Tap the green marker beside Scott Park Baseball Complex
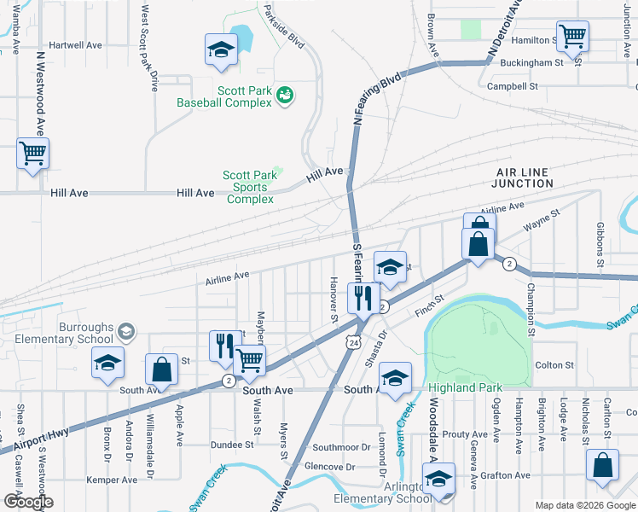click(x=285, y=96)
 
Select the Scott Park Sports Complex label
click(x=250, y=187)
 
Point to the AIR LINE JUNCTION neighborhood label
click(x=522, y=177)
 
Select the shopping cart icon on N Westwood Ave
click(x=33, y=154)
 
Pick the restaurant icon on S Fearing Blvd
click(x=362, y=297)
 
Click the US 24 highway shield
click(x=352, y=341)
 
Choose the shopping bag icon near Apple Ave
click(x=160, y=369)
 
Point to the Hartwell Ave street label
click(x=75, y=44)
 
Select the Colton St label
click(x=554, y=365)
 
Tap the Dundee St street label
click(x=233, y=445)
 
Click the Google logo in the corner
click(x=27, y=502)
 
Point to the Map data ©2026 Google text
click(x=584, y=505)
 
